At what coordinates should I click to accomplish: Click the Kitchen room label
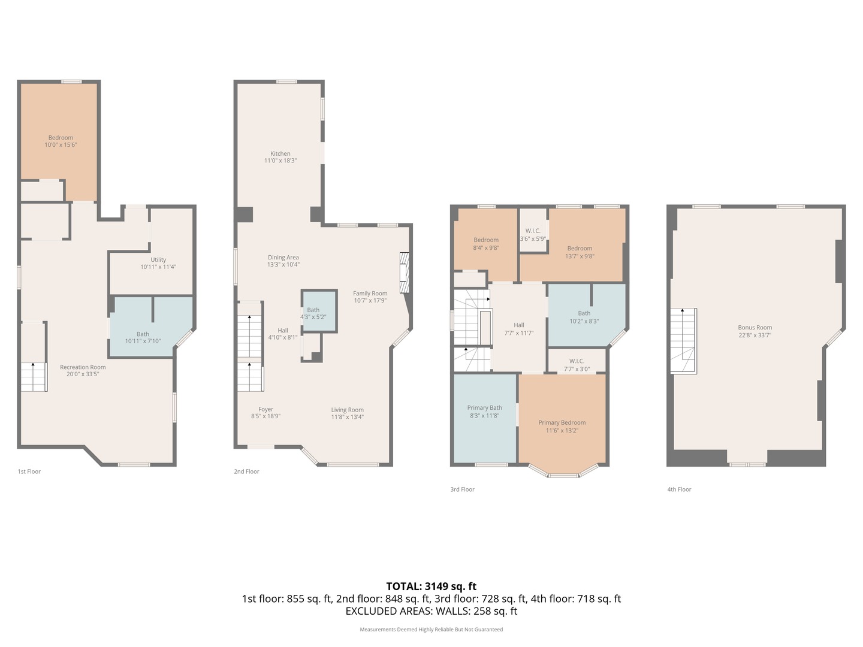pyautogui.click(x=280, y=154)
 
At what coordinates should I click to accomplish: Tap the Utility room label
pyautogui.click(x=158, y=260)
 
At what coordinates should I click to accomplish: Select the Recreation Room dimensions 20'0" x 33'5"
pyautogui.click(x=83, y=374)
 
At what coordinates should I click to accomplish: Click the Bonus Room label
pyautogui.click(x=755, y=328)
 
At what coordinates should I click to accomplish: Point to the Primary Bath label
pyautogui.click(x=484, y=408)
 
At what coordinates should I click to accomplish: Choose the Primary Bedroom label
pyautogui.click(x=562, y=423)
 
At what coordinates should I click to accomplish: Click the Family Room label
pyautogui.click(x=370, y=294)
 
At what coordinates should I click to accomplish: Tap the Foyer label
pyautogui.click(x=265, y=410)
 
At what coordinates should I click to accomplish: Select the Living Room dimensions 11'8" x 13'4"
pyautogui.click(x=347, y=417)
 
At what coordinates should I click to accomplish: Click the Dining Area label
pyautogui.click(x=283, y=258)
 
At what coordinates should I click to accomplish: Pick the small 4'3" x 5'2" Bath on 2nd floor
pyautogui.click(x=313, y=313)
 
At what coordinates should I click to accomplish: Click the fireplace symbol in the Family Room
pyautogui.click(x=405, y=272)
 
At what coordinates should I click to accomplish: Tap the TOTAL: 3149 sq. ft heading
pyautogui.click(x=431, y=586)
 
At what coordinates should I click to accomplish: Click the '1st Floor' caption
pyautogui.click(x=29, y=471)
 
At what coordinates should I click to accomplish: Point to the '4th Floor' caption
pyautogui.click(x=679, y=489)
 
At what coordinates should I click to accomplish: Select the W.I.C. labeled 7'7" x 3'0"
pyautogui.click(x=577, y=365)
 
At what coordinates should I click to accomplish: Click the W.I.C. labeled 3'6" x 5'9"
pyautogui.click(x=533, y=235)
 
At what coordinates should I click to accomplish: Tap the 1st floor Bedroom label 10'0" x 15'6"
pyautogui.click(x=61, y=141)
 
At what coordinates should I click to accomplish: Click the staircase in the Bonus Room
pyautogui.click(x=683, y=341)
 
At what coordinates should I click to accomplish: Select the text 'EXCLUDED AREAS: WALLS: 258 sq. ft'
pyautogui.click(x=431, y=612)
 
